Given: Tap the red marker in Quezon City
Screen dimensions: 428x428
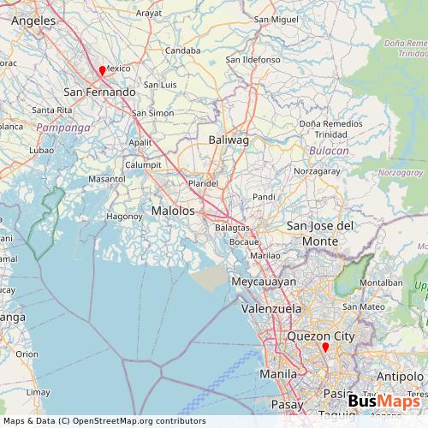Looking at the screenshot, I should point(325,348).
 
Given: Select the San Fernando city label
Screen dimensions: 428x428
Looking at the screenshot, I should point(100,91).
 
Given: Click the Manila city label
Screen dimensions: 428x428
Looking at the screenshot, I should point(278,374).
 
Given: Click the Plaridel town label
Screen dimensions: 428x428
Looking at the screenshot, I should point(204,183).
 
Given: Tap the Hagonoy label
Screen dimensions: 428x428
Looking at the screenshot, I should point(123,217).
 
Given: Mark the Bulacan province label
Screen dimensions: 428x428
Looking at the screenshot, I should point(329,151).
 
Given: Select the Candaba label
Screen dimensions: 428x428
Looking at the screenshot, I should point(182,51).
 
